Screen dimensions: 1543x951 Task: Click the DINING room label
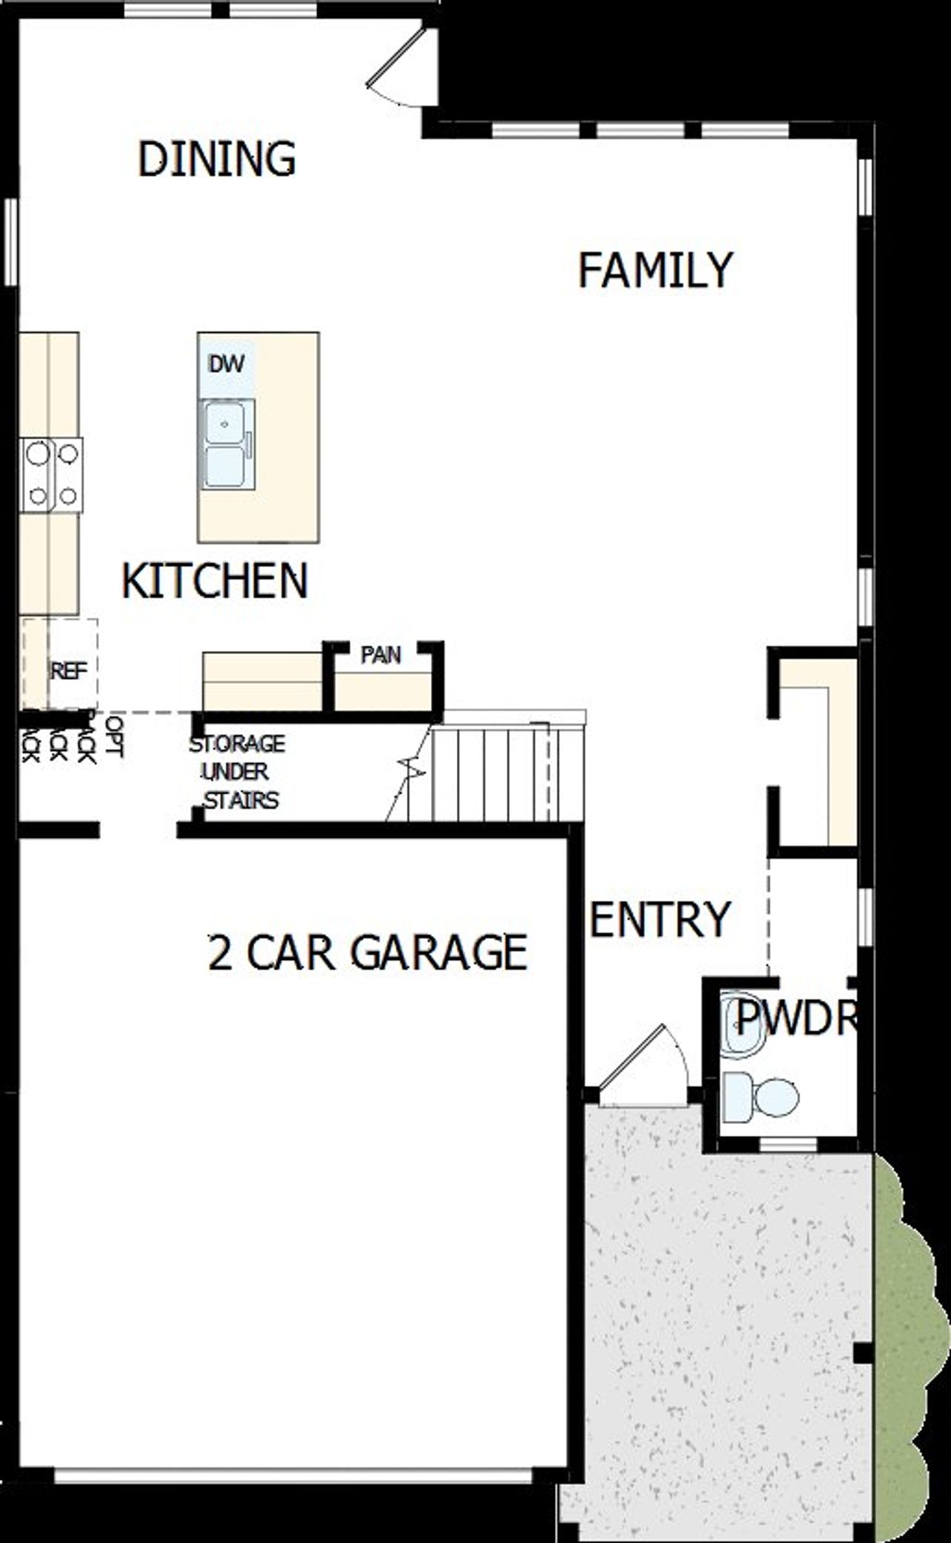tap(217, 158)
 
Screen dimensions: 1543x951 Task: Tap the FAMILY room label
tap(655, 270)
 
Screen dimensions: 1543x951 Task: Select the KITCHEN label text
tap(214, 581)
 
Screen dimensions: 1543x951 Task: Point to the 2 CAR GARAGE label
tap(368, 952)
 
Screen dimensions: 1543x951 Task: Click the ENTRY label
tap(660, 920)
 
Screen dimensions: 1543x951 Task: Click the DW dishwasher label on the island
tap(227, 364)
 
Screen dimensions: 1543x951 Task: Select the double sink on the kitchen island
tap(227, 444)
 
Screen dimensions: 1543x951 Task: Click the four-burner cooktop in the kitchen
tap(52, 474)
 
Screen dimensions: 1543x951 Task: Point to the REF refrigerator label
tap(68, 670)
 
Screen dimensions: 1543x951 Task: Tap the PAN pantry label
tap(381, 655)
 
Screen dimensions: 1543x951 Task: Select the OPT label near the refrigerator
tap(113, 735)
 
